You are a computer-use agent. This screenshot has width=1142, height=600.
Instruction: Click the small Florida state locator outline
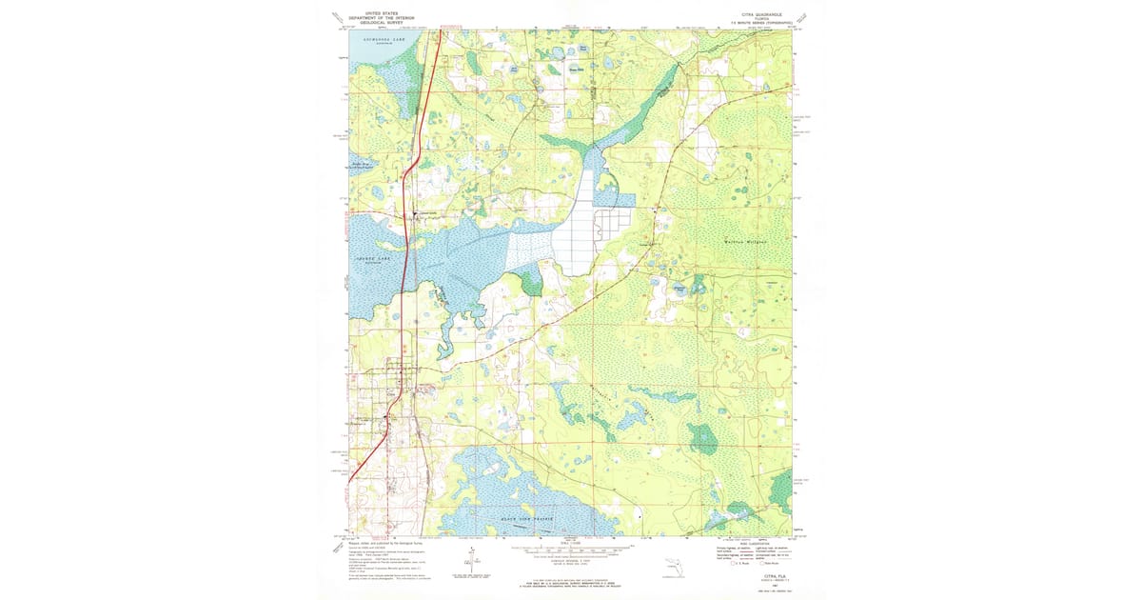coord(674,570)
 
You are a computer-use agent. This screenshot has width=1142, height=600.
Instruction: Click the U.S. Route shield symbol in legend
coord(733,564)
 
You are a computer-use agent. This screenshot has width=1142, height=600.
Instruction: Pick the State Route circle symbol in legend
coord(761,564)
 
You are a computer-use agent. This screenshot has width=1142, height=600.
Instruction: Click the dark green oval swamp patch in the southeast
coord(703,438)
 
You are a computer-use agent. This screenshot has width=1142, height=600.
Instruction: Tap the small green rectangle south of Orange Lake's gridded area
coord(530,282)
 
